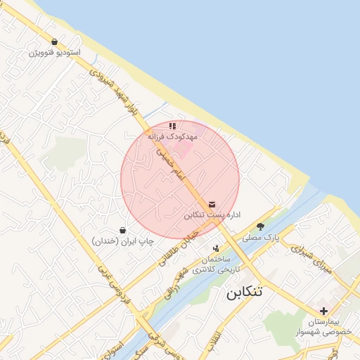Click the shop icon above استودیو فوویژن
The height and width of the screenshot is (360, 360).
pyautogui.click(x=55, y=42)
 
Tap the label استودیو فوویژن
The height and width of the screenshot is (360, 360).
pyautogui.click(x=55, y=53)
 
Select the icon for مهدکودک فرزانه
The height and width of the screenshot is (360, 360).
pyautogui.click(x=172, y=126)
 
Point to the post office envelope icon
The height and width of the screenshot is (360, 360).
pyautogui.click(x=212, y=204)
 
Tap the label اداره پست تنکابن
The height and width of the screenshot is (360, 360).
pyautogui.click(x=213, y=214)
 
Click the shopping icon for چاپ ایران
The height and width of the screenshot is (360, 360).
pyautogui.click(x=123, y=230)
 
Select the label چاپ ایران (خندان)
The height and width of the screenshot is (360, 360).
pyautogui.click(x=123, y=240)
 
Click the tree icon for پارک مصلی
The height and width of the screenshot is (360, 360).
pyautogui.click(x=261, y=226)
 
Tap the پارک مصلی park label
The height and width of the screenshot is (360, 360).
pyautogui.click(x=261, y=238)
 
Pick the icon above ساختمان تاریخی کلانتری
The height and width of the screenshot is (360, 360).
pyautogui.click(x=216, y=247)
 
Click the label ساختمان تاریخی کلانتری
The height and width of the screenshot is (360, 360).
pyautogui.click(x=216, y=264)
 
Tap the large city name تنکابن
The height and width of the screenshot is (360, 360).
pyautogui.click(x=244, y=292)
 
